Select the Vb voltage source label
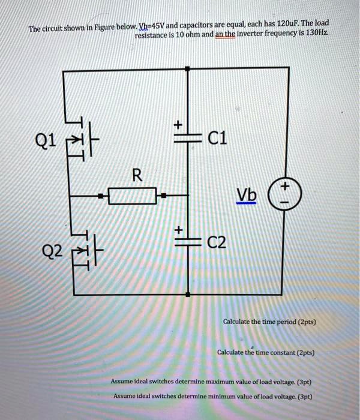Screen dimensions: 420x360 point(246,196)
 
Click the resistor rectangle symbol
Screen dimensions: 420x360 point(132,195)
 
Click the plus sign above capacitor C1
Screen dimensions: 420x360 point(178,124)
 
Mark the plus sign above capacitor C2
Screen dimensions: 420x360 point(178,229)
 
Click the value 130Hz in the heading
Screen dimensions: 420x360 point(313,35)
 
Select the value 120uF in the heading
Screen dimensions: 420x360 point(283,24)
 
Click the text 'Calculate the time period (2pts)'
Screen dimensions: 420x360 point(269,322)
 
